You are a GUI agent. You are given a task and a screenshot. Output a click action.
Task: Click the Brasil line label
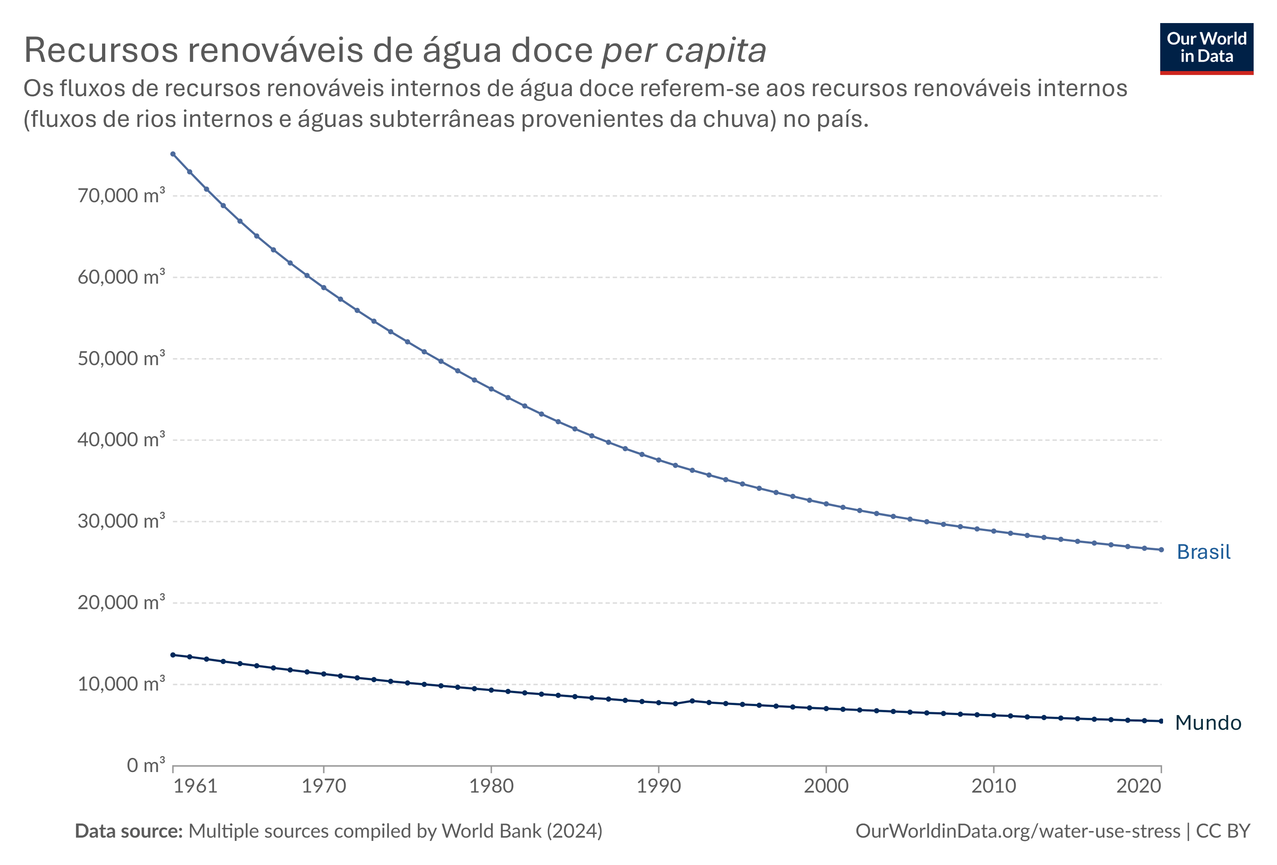pos(1203,552)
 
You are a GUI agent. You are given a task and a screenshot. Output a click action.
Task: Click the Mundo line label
pos(1208,723)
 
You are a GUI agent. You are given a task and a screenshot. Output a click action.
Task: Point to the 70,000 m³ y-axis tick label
pos(121,195)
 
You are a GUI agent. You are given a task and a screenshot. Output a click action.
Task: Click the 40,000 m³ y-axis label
pos(121,440)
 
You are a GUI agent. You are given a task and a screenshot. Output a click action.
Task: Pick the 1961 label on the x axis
pos(195,786)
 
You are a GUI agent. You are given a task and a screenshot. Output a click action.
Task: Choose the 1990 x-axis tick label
pos(658,786)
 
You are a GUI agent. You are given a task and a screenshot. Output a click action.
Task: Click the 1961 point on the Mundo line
pos(173,655)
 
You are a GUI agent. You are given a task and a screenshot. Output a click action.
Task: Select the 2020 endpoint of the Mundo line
pos(1161,721)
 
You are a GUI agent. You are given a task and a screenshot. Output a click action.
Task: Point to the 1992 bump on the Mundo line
pos(692,701)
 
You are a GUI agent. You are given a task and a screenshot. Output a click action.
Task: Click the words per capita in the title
pos(683,51)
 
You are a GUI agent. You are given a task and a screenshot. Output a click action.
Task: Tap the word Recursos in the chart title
pos(101,51)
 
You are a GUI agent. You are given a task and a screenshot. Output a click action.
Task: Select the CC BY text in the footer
pos(1222,831)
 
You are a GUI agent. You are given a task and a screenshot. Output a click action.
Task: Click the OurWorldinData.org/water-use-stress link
pos(1018,831)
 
